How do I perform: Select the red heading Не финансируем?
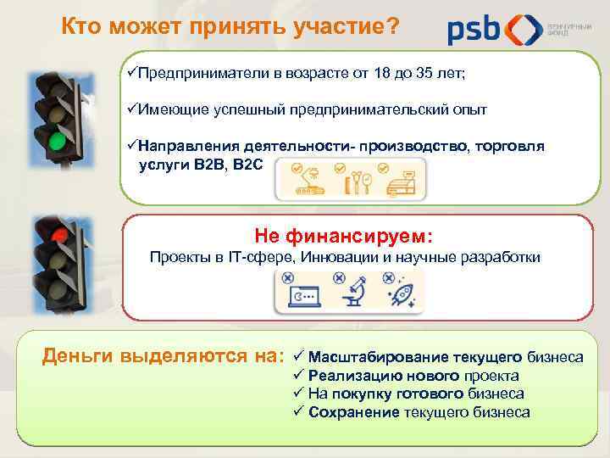(343, 234)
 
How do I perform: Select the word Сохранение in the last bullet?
(353, 412)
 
